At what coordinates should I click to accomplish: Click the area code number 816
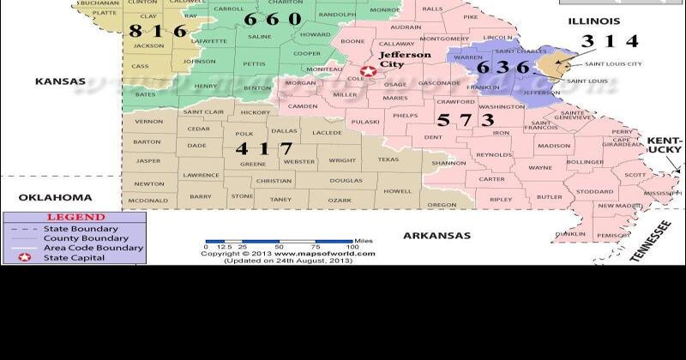coord(158,31)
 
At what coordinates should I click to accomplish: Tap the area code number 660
coord(272,19)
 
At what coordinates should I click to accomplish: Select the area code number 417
coord(264,148)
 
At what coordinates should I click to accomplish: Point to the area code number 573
coord(465,120)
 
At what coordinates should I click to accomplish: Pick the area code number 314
coord(610,40)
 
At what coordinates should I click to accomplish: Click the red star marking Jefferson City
coord(369,72)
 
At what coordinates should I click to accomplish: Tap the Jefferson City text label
coord(404,59)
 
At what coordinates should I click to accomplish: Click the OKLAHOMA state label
coord(55,196)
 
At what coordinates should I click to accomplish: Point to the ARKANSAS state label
coord(437,235)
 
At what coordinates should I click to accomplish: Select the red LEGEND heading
coord(75,218)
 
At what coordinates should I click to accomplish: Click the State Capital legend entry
coord(75,257)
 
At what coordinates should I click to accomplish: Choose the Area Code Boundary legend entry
coord(93,248)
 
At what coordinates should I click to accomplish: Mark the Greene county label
coord(252,163)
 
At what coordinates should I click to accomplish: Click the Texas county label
coord(388,159)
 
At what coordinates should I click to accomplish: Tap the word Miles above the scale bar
coord(364,241)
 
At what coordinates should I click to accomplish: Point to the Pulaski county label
coord(365,122)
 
